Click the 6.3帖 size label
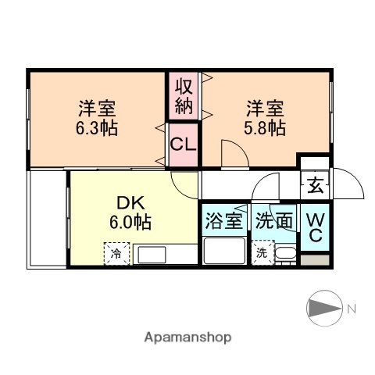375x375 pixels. coord(98,128)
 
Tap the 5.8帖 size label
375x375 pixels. coord(266,127)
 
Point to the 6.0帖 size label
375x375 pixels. coord(130,222)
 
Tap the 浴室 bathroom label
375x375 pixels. coord(223,221)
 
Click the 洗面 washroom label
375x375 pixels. coord(274,221)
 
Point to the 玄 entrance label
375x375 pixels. coord(315,187)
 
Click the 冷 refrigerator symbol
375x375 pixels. coord(116,254)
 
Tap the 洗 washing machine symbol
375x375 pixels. coord(262,253)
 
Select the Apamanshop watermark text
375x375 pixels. coord(187,338)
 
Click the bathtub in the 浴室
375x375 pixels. coord(223,252)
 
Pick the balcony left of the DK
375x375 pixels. coord(47,219)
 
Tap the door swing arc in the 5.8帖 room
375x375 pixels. coord(232,154)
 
